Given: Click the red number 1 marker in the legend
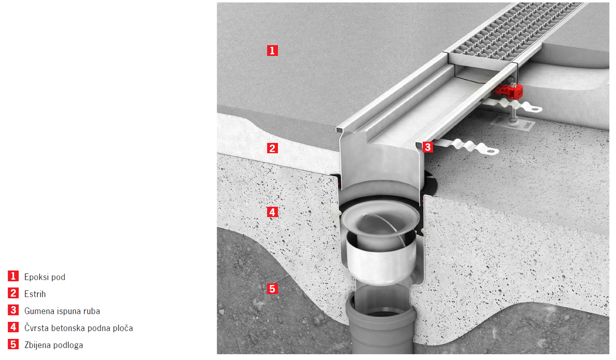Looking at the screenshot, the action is coord(13,276).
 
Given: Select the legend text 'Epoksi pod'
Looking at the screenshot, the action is coord(45,277).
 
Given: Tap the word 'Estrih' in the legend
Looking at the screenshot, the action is coord(35,294).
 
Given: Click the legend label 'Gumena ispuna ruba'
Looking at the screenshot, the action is coord(62,311).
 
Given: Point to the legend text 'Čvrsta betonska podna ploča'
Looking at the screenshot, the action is coord(79,328).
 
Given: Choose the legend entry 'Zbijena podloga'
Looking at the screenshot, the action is coord(54,345).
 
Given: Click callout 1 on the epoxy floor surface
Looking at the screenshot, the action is coord(272,51).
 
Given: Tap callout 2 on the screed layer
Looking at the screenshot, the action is coord(272,148).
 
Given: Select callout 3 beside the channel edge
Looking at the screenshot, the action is coord(428,147).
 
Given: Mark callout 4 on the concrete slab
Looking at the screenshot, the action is coord(272,212).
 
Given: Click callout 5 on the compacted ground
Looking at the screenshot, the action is coord(272,289).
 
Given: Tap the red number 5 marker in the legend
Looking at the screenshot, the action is coord(13,344).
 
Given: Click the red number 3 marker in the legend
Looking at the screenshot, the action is coord(13,310).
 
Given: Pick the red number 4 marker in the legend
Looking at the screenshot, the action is coord(13,327).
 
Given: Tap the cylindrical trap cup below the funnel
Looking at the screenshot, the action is coord(380,262).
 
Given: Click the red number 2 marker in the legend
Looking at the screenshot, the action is coord(13,293).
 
